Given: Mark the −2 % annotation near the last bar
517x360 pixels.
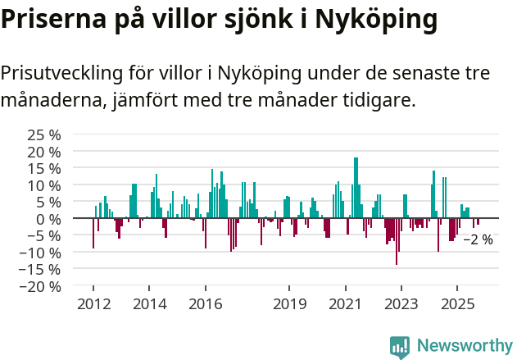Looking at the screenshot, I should click(478, 240).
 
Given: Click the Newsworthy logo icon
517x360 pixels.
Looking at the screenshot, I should click(400, 346).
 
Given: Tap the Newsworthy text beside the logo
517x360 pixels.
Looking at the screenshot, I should click(464, 346).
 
